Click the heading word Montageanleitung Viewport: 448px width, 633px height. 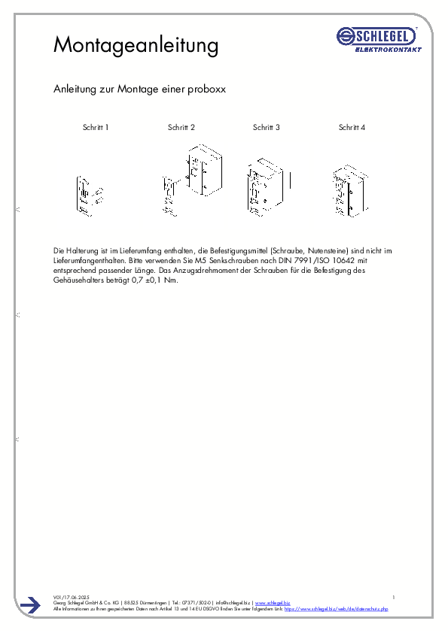(x=136, y=44)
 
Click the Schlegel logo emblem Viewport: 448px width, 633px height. (x=347, y=35)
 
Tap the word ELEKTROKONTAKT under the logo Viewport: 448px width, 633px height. (x=388, y=50)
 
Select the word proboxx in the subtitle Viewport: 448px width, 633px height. (x=212, y=89)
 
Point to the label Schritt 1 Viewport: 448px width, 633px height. (x=96, y=128)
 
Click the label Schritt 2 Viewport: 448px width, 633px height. (x=181, y=128)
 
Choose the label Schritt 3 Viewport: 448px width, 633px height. (x=267, y=128)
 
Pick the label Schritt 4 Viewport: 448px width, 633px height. (x=352, y=128)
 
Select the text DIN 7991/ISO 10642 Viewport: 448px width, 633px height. (x=314, y=259)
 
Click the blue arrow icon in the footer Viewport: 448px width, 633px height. (x=30, y=605)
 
